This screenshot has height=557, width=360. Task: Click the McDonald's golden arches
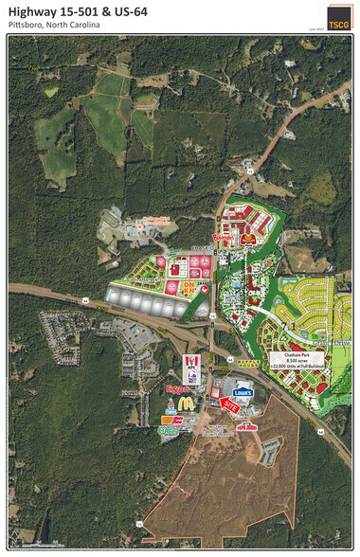(x=186, y=403)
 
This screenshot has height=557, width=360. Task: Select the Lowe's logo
(x=243, y=390)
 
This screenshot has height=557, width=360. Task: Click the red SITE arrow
(x=229, y=404)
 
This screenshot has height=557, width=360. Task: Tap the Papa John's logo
(x=246, y=426)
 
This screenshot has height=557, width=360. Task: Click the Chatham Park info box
(x=297, y=362)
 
